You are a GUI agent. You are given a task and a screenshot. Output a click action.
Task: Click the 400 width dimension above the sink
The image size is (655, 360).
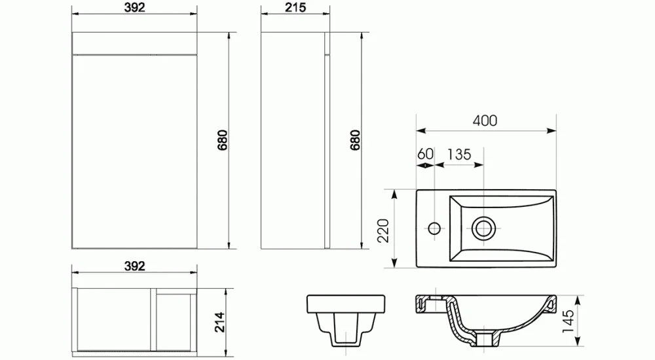click(x=485, y=120)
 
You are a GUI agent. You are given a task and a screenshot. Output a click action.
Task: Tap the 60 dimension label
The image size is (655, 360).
click(x=425, y=154)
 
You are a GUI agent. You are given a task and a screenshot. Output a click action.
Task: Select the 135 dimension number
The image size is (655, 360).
click(x=459, y=154)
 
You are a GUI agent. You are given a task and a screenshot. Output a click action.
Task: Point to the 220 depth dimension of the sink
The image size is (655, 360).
click(x=383, y=230)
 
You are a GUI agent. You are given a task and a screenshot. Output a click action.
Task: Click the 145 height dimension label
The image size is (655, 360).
click(x=568, y=321)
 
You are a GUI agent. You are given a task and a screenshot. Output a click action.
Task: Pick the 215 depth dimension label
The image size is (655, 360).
click(x=295, y=7)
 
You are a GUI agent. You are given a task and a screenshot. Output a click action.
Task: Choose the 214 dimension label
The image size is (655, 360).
click(x=219, y=322)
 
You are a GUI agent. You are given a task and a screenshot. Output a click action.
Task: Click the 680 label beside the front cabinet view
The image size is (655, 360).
click(x=222, y=140)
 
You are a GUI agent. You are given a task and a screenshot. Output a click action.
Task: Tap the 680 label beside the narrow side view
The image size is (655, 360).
click(x=355, y=140)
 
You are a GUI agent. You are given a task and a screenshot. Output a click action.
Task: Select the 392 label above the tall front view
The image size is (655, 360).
click(x=134, y=7)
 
